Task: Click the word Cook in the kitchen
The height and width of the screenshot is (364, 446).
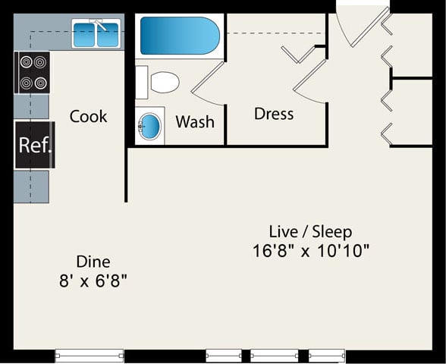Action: click(88, 116)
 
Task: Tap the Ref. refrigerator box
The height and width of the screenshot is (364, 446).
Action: click(34, 145)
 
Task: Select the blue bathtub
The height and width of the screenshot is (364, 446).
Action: click(180, 36)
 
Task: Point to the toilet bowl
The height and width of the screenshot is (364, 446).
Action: click(165, 82)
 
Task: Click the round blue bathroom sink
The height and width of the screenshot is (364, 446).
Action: click(150, 126)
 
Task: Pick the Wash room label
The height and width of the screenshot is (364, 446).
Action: click(195, 121)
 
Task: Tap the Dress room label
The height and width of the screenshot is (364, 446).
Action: click(274, 114)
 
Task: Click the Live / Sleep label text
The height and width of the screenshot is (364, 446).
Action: click(310, 231)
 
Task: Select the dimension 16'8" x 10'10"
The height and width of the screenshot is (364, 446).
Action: click(311, 250)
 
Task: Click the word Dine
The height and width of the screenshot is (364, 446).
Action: click(93, 262)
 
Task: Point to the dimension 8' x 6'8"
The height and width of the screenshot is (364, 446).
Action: click(93, 281)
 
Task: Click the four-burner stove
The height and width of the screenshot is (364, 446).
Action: click(32, 73)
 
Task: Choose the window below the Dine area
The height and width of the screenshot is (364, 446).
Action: click(89, 356)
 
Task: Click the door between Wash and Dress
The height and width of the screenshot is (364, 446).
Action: click(208, 83)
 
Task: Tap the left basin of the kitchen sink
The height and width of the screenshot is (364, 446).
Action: click(84, 35)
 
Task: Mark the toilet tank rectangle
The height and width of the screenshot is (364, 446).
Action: click(141, 82)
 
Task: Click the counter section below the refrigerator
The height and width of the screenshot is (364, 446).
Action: click(31, 187)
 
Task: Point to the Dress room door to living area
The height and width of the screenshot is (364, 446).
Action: click(310, 81)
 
